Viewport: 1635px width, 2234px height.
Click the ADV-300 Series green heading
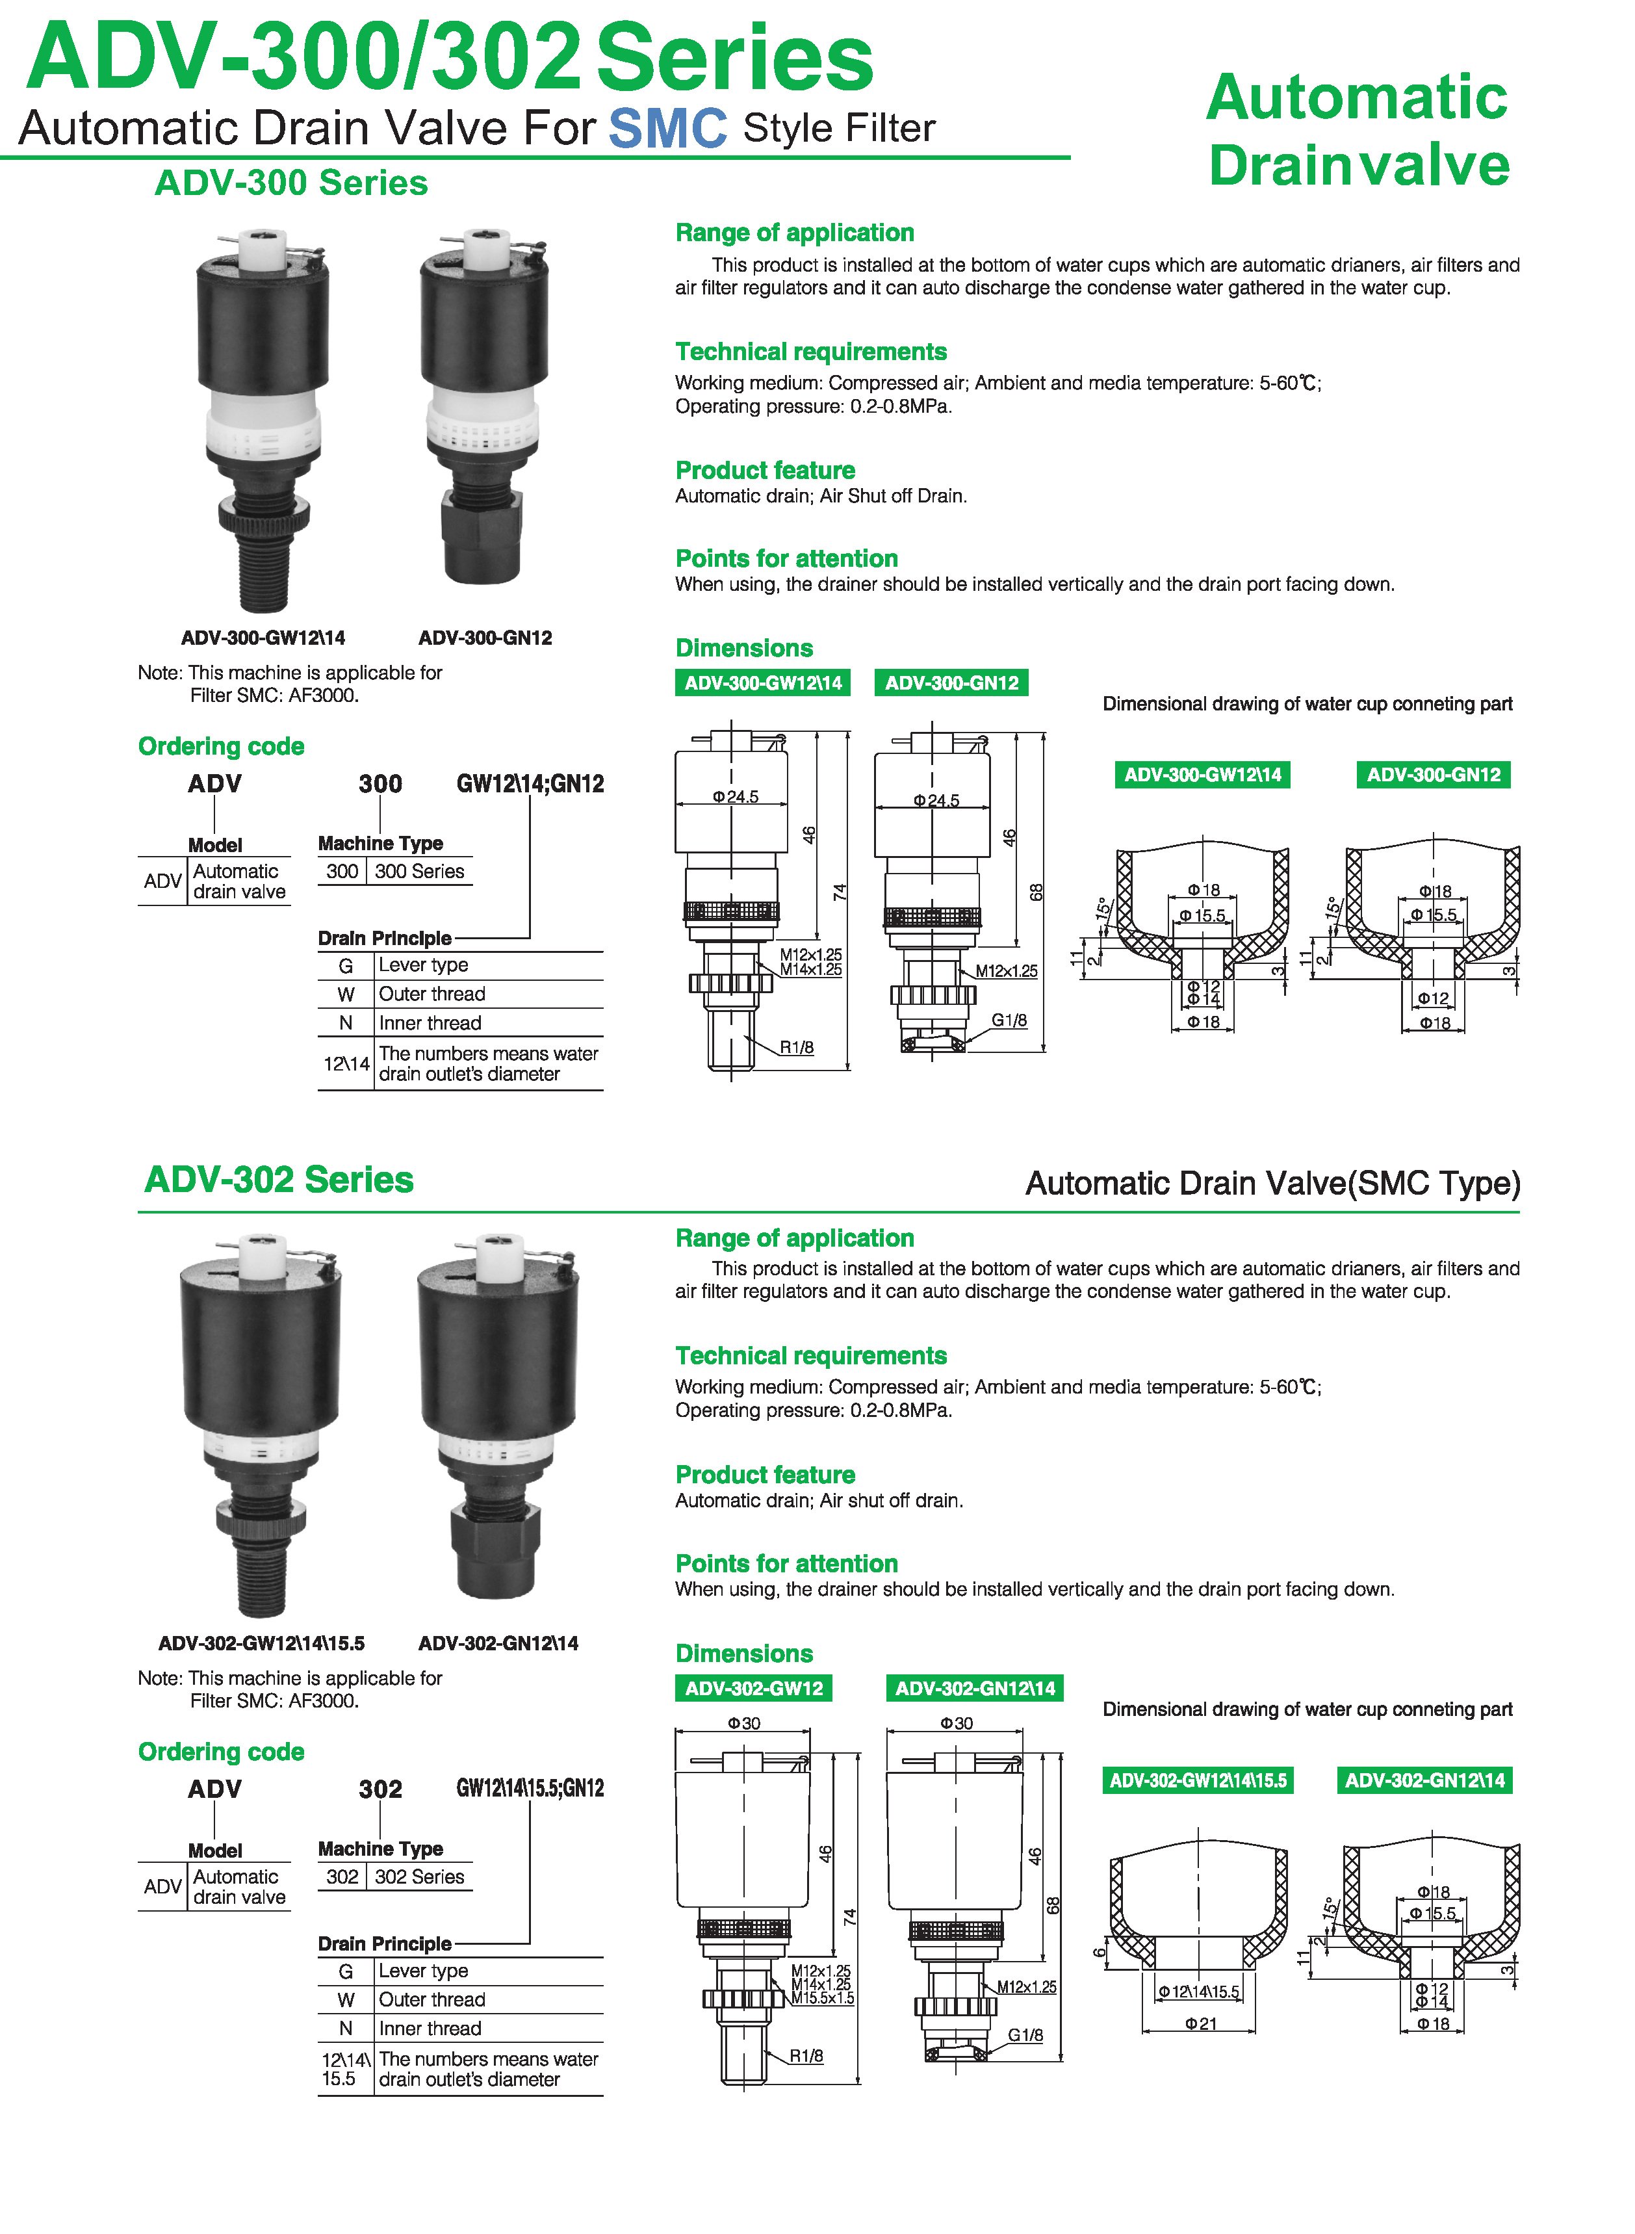pyautogui.click(x=291, y=183)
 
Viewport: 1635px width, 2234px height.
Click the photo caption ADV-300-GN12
pyautogui.click(x=485, y=638)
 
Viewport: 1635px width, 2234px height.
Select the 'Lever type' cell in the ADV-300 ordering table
pyautogui.click(x=424, y=965)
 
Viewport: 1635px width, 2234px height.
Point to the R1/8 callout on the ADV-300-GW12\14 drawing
pyautogui.click(x=797, y=1047)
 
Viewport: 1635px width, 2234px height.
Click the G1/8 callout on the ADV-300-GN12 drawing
pyautogui.click(x=1009, y=1020)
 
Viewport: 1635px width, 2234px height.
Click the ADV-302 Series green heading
pyautogui.click(x=279, y=1180)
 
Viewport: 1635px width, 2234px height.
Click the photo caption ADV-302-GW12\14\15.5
pyautogui.click(x=261, y=1644)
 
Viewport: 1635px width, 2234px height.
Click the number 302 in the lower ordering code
pyautogui.click(x=380, y=1789)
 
